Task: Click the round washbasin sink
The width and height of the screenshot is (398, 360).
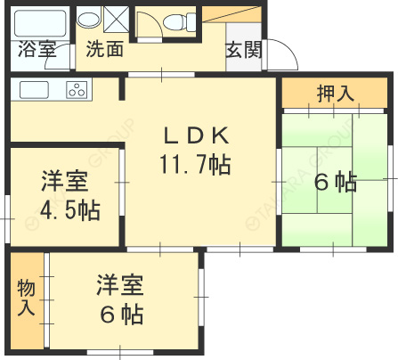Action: tap(88, 19)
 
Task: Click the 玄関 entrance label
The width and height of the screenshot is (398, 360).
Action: tap(243, 51)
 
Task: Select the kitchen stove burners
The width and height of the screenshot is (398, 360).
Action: tap(77, 89)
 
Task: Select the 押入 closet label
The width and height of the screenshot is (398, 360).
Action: tap(335, 92)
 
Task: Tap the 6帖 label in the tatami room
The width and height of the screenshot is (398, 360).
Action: tap(335, 183)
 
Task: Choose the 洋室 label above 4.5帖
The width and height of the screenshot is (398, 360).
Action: tap(65, 182)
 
